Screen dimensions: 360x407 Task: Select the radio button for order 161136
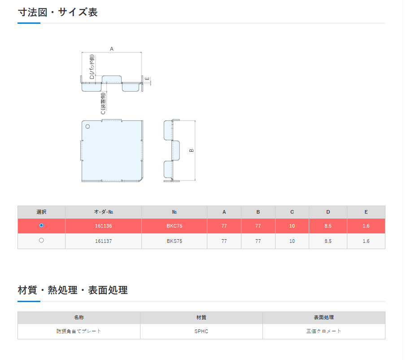[41, 225]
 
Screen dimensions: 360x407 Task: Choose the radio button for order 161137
[41, 241]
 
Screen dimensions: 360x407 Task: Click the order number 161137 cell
[103, 241]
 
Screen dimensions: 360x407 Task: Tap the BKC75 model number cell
[174, 226]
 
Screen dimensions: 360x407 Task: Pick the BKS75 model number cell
[174, 241]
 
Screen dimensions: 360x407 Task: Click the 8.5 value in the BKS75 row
[328, 241]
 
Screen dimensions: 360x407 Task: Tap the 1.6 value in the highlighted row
[366, 226]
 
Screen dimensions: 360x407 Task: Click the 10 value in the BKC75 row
[292, 226]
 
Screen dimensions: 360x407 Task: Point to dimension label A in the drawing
[112, 49]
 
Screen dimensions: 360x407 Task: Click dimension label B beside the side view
[192, 150]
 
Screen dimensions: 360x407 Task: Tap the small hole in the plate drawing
[88, 127]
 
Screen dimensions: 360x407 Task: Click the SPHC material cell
[201, 331]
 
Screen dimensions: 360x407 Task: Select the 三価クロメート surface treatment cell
[324, 331]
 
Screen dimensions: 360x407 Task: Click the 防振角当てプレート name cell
[79, 331]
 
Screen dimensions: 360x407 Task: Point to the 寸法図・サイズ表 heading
[58, 12]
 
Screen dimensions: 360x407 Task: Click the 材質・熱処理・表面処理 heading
[73, 290]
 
